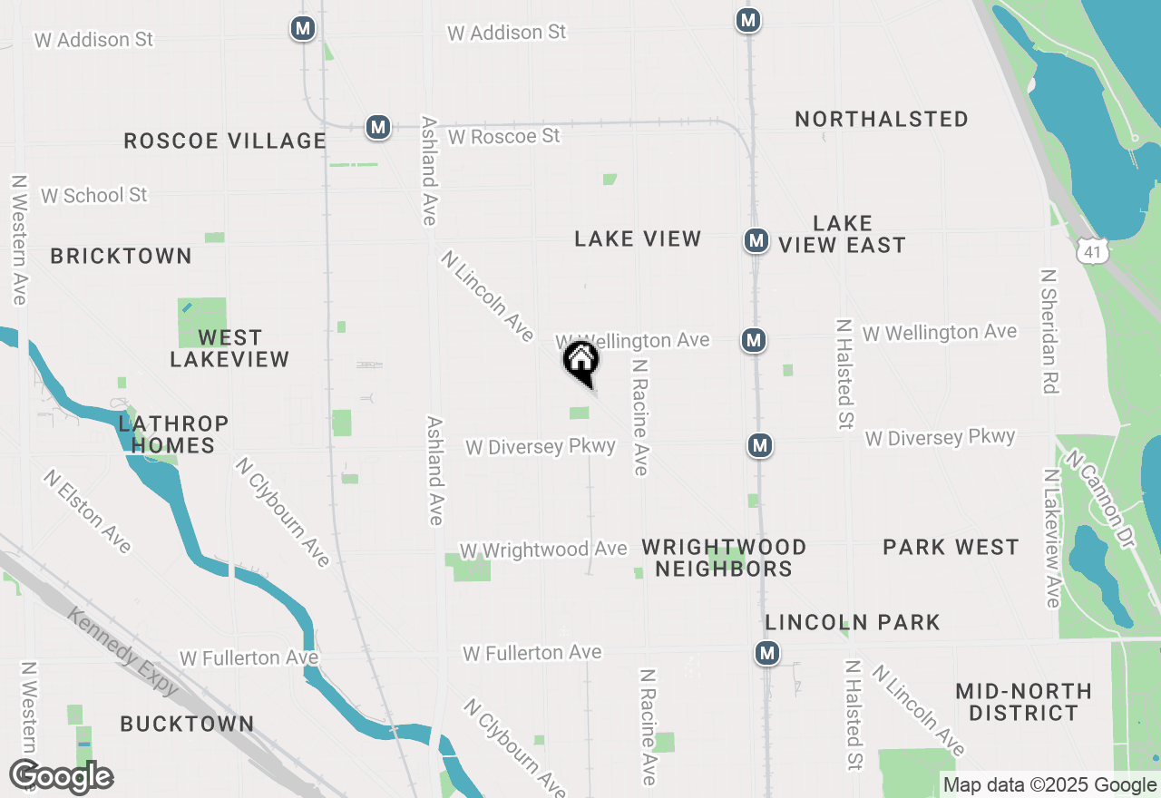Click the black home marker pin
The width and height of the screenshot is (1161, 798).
[581, 361]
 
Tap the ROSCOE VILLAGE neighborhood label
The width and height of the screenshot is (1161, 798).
[225, 141]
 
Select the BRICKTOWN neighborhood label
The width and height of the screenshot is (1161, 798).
[122, 256]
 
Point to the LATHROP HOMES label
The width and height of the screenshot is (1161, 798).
[173, 434]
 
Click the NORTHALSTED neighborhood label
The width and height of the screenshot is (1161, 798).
[882, 119]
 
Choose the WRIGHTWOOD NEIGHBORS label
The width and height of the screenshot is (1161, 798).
[724, 558]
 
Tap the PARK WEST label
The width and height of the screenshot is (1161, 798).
[951, 547]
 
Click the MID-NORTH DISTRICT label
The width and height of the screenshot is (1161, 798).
[1023, 703]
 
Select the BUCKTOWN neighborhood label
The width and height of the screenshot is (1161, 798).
[187, 724]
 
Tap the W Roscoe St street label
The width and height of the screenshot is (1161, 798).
[504, 136]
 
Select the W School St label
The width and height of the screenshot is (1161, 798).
[94, 195]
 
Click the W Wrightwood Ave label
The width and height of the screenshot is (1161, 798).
[543, 550]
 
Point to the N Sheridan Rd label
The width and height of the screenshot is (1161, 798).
[1050, 331]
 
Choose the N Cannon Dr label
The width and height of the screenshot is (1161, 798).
[1100, 500]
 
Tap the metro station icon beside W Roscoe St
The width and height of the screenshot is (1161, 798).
[378, 127]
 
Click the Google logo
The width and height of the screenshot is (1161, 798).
[62, 777]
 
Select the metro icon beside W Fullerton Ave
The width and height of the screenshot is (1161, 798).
[768, 653]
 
